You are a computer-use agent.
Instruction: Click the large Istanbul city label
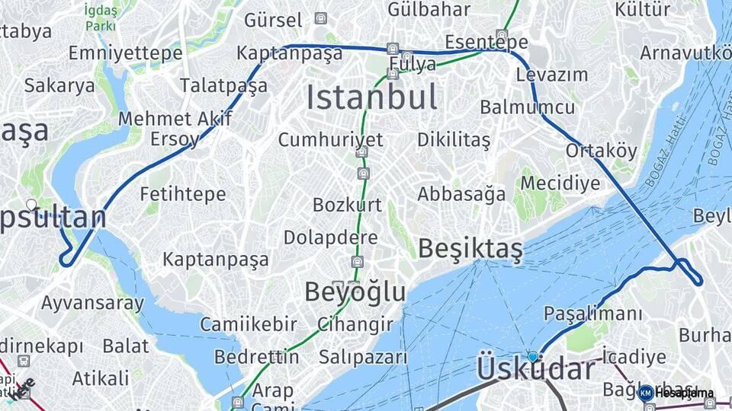[x=372, y=97]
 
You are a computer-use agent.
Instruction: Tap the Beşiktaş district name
[x=470, y=248]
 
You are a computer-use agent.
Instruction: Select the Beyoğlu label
[x=355, y=292]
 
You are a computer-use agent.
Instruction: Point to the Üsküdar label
[x=536, y=370]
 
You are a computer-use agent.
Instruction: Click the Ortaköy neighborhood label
[x=601, y=151]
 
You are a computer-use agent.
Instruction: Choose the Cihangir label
[x=355, y=324]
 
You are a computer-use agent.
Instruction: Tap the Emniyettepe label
[x=125, y=53]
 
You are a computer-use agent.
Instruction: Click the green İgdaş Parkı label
[x=100, y=18]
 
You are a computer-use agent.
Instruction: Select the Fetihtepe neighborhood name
[x=183, y=194]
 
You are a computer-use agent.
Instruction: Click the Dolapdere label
[x=330, y=237]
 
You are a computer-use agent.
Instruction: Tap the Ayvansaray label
[x=92, y=303]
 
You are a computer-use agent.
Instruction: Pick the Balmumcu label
[x=527, y=107]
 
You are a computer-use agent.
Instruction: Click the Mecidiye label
[x=560, y=183]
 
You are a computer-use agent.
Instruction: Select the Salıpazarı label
[x=363, y=357]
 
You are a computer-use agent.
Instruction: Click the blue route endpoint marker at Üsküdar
[x=532, y=356]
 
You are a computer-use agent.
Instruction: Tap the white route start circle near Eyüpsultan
[x=31, y=204]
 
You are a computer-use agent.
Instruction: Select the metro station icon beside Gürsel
[x=321, y=18]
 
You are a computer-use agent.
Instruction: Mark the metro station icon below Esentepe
[x=501, y=34]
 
